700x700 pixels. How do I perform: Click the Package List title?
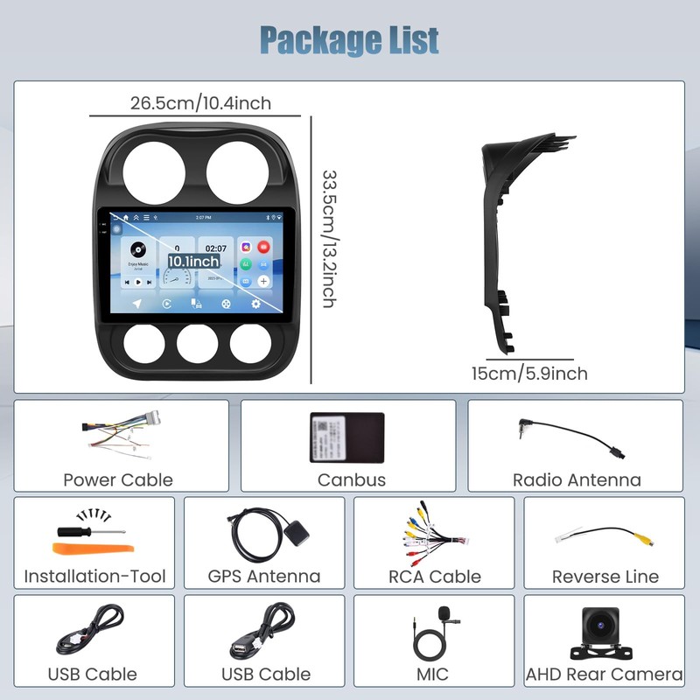(x=349, y=39)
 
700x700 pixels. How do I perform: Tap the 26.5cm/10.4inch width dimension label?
(x=200, y=103)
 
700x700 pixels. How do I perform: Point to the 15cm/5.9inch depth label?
(x=529, y=374)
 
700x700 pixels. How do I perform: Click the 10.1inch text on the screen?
(x=194, y=261)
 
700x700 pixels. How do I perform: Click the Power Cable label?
(x=118, y=479)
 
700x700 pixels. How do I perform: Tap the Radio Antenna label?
(x=577, y=479)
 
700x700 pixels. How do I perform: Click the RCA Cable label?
(x=435, y=576)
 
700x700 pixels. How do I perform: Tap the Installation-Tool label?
(x=94, y=576)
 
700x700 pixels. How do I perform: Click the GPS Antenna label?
(x=264, y=576)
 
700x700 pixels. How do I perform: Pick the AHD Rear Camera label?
(x=604, y=674)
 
